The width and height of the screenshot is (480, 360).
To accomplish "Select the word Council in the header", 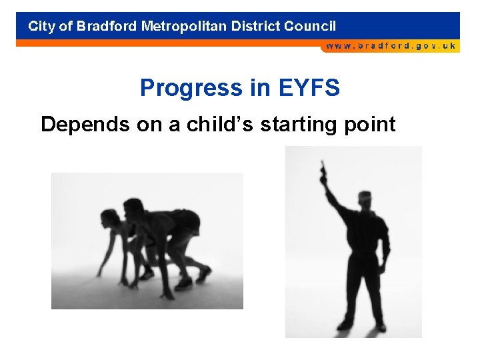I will [x=310, y=27].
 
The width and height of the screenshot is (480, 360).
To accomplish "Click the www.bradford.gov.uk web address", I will [x=391, y=46].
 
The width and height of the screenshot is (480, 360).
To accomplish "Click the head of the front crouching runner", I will [x=109, y=218].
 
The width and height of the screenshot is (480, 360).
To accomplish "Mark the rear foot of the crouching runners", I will [x=204, y=273].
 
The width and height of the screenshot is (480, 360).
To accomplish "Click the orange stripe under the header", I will [x=167, y=43].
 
